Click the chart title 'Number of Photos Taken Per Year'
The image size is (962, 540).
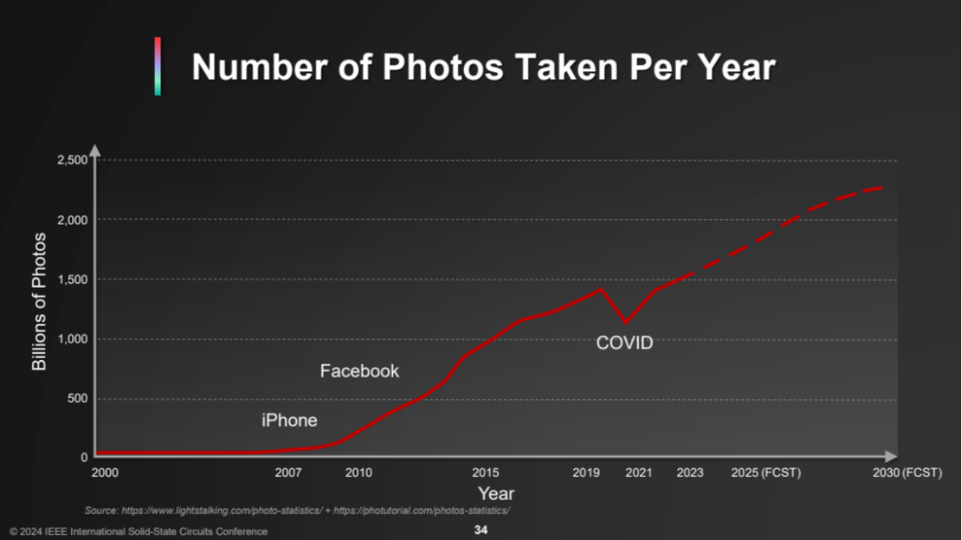click(484, 67)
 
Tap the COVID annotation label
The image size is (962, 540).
click(624, 342)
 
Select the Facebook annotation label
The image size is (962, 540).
click(360, 371)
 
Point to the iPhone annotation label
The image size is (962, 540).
click(289, 420)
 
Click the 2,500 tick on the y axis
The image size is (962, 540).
click(72, 160)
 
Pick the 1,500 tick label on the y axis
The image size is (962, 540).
click(72, 279)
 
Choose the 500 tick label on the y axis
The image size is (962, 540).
click(77, 398)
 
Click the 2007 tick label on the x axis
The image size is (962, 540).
click(288, 472)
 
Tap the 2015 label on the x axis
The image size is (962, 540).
click(485, 472)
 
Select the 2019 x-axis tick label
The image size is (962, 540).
click(586, 472)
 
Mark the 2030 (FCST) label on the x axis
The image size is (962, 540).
click(908, 472)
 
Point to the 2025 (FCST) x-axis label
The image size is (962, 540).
click(765, 472)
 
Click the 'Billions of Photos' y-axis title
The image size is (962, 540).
click(39, 301)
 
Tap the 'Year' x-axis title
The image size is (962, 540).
click(495, 494)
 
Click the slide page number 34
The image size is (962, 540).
click(481, 530)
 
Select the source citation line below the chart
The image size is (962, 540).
click(297, 511)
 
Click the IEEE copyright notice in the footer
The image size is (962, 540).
click(138, 531)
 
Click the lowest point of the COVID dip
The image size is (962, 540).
click(626, 323)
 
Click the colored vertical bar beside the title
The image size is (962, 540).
click(158, 66)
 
